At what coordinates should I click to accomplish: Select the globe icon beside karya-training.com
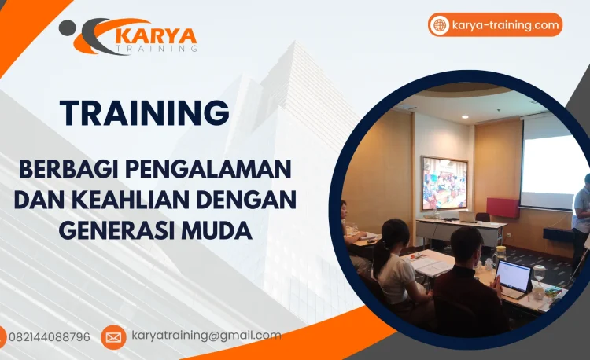click(x=440, y=25)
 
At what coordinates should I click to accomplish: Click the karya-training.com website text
click(x=506, y=25)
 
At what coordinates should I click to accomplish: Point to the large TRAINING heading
click(x=145, y=112)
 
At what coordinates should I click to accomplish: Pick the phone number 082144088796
click(x=49, y=337)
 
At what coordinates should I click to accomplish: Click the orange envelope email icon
click(x=113, y=337)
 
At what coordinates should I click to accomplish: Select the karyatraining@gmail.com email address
click(x=206, y=336)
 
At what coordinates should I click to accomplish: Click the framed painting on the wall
click(x=444, y=183)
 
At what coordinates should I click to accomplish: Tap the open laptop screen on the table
click(x=514, y=277)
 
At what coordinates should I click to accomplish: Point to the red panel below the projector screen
click(x=503, y=208)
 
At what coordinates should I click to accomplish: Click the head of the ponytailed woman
click(x=394, y=233)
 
